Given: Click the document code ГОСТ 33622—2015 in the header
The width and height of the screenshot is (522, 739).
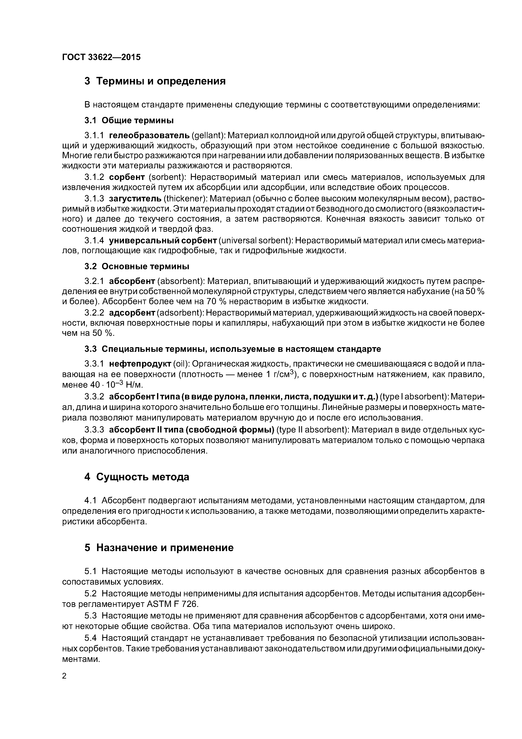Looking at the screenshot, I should click(x=101, y=57).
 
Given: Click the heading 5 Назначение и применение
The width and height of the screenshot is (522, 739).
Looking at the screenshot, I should click(x=159, y=548).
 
